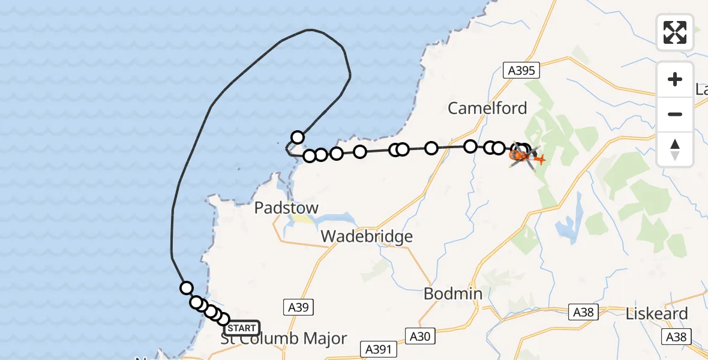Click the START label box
click(241, 328)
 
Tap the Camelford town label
click(487, 108)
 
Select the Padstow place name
click(286, 208)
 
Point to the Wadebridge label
click(367, 236)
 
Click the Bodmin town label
click(452, 293)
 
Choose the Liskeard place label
click(656, 314)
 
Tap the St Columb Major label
click(283, 338)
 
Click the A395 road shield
click(520, 71)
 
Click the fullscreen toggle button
click(675, 32)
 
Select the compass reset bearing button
click(675, 149)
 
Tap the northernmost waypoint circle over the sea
click(298, 137)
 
